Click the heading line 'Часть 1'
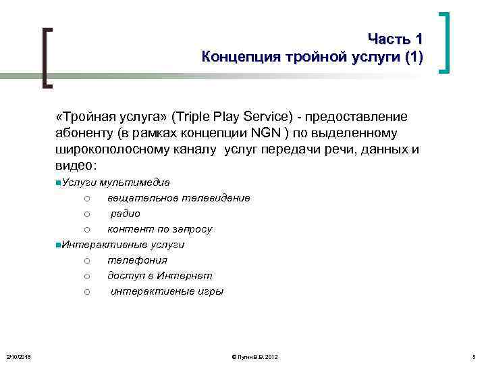(395, 39)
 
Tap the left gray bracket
(47, 57)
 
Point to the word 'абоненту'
(85, 133)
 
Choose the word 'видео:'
(76, 165)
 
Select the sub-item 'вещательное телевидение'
(178, 198)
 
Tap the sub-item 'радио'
(126, 214)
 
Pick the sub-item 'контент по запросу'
(160, 229)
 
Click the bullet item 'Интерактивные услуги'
(123, 245)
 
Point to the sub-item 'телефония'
(137, 260)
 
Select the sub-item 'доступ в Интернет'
(159, 276)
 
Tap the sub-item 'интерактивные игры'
(167, 291)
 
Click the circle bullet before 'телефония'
(88, 260)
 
